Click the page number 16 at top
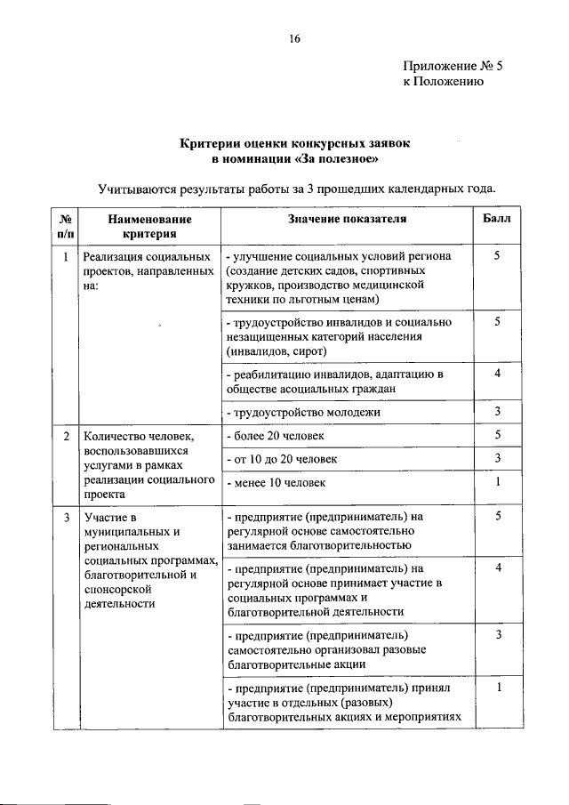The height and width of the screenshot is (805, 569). pyautogui.click(x=295, y=38)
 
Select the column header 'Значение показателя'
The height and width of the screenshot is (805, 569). pyautogui.click(x=347, y=219)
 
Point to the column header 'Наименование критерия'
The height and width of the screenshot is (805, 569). pyautogui.click(x=149, y=226)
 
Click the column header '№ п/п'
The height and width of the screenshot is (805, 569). pyautogui.click(x=65, y=226)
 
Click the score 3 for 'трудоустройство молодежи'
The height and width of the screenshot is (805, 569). pyautogui.click(x=498, y=412)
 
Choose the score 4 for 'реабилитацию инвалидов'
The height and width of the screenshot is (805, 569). pyautogui.click(x=498, y=374)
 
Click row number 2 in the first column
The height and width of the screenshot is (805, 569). pyautogui.click(x=66, y=437)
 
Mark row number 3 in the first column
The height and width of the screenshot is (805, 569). pyautogui.click(x=66, y=516)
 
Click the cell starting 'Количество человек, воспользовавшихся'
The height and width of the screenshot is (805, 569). pyautogui.click(x=149, y=466)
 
